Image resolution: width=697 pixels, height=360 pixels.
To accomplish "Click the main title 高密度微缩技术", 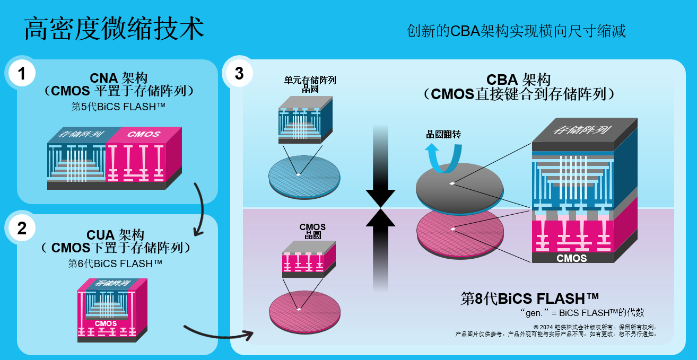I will pos(114,29).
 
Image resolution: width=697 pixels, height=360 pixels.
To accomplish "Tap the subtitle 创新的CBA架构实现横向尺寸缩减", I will pos(516,31).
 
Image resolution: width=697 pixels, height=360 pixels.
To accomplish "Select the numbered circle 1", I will pos(22,74).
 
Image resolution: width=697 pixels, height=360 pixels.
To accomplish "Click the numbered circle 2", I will pos(22,228).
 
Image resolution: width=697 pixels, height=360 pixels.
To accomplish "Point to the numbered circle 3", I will pos(239,73).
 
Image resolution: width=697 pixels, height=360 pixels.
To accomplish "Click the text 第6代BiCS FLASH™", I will pos(115,263).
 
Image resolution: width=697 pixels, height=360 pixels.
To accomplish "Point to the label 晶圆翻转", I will pos(443,134).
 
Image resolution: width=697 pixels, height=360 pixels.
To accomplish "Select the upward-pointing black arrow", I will pos(380,244).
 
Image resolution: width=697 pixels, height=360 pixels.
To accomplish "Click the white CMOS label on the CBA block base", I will pos(571,258).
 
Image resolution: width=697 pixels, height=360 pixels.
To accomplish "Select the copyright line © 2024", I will pos(595,327).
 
